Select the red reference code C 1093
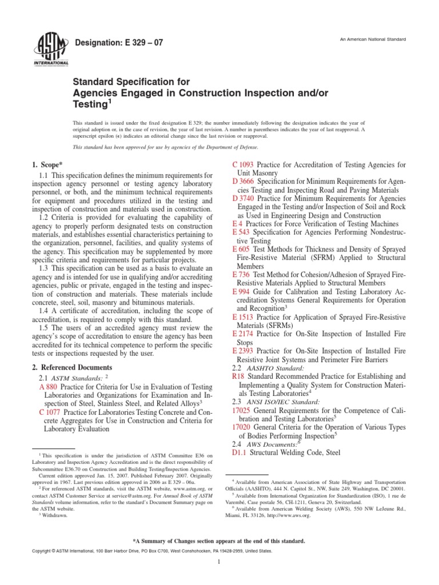(243, 165)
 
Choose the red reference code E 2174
(243, 333)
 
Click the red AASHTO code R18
(238, 376)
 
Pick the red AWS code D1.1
(238, 452)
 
